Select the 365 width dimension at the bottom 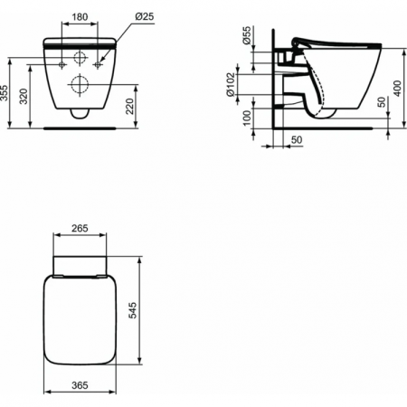[80, 383]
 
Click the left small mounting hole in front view [61, 65]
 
